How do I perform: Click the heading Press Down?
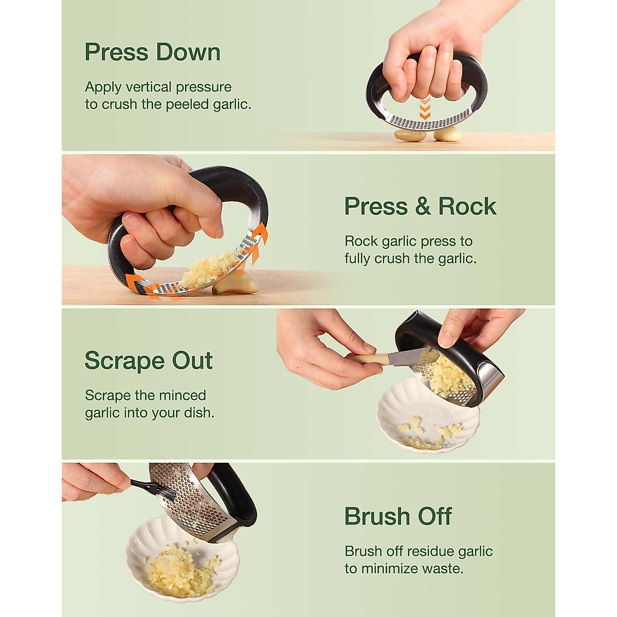pos(152,52)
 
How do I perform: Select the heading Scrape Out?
pos(149,360)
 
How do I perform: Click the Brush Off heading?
pos(398,516)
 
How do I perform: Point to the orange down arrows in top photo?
pos(425,108)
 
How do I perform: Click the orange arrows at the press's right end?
pos(260,237)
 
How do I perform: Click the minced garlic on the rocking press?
pos(208,269)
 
